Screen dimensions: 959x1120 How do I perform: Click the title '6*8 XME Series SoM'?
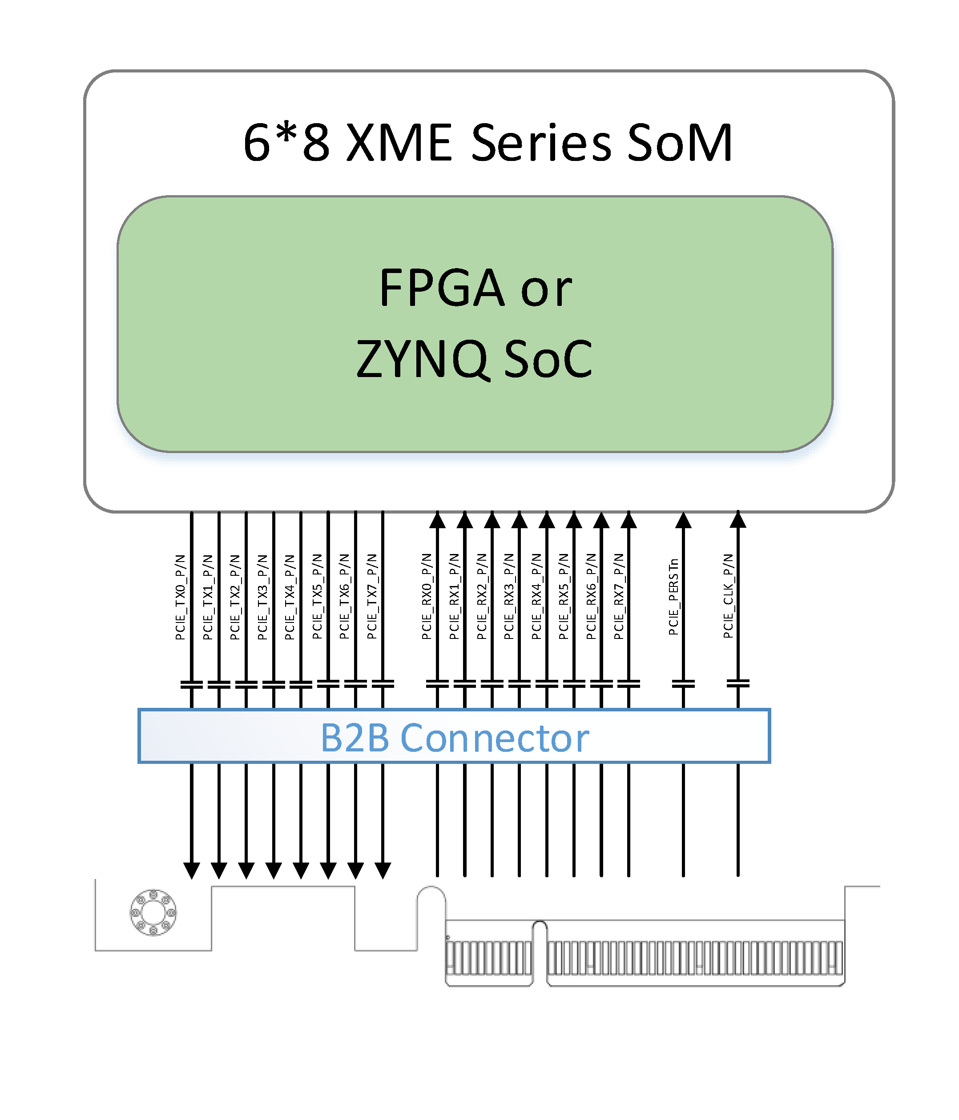488,142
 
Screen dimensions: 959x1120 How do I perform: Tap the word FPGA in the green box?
442,288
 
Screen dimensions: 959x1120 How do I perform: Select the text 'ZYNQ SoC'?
474,358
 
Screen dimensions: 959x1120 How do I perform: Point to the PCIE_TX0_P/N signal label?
180,597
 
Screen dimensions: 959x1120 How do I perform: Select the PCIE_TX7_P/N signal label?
371,597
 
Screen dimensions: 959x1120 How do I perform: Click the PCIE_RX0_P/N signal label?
426,597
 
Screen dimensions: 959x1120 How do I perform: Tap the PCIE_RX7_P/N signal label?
618,597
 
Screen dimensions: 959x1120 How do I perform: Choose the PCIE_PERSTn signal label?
673,597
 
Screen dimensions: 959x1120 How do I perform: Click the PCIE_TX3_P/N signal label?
262,597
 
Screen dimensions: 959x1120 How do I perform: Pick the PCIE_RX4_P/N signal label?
536,597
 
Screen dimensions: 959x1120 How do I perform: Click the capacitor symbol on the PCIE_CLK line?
738,684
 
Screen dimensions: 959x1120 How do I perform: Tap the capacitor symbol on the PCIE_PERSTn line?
683,684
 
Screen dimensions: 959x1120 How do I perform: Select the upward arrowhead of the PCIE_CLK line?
738,519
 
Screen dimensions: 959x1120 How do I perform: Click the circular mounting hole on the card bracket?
153,912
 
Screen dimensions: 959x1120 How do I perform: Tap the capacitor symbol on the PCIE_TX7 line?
383,684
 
